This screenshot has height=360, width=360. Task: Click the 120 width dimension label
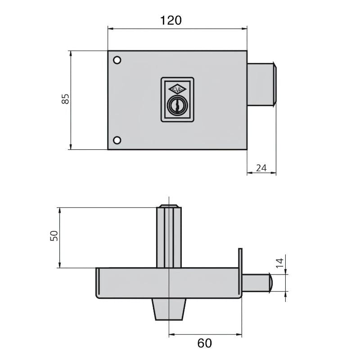point(171,20)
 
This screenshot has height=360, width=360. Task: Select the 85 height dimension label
point(65,99)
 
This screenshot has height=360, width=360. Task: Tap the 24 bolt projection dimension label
point(261,168)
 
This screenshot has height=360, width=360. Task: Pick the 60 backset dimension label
point(204,343)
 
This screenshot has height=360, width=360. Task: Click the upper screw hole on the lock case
point(117,60)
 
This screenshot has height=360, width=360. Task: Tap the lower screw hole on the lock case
point(117,140)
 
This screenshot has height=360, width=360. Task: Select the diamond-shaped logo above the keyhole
point(177,89)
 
